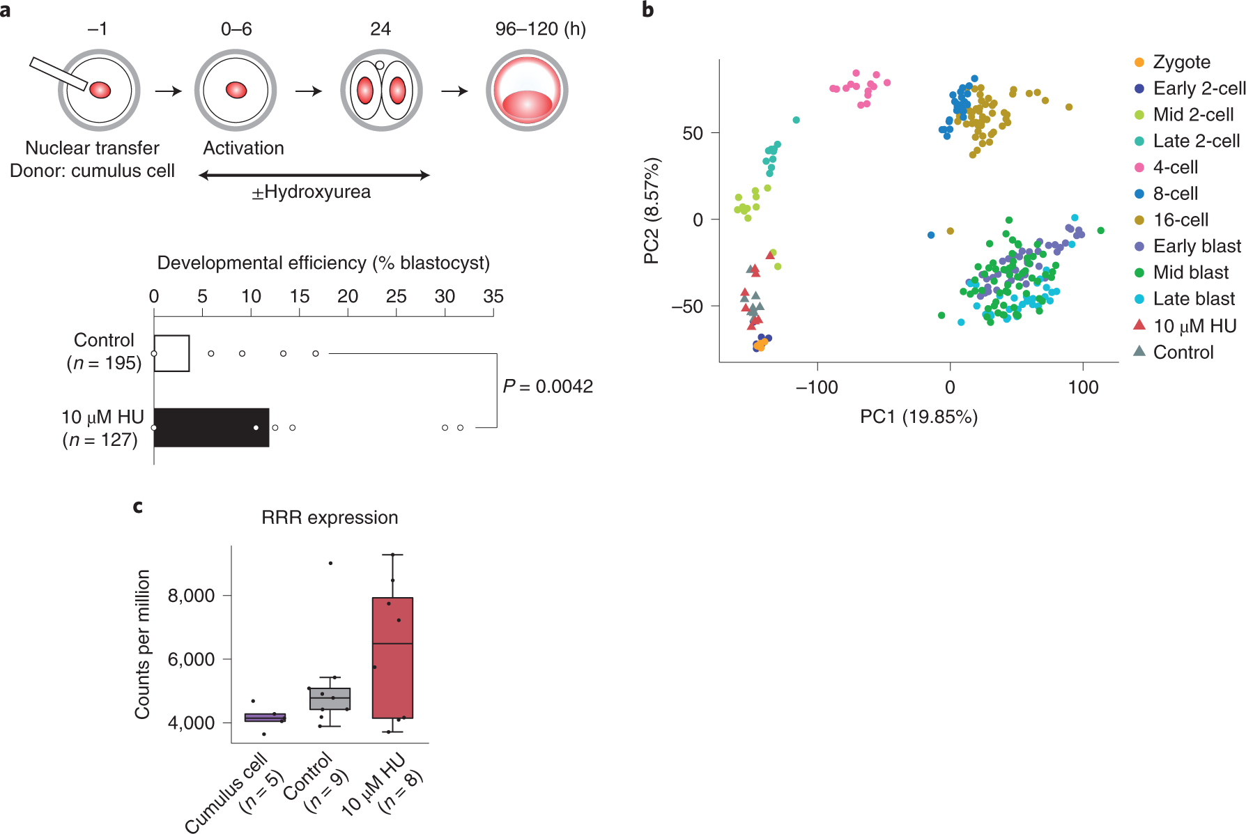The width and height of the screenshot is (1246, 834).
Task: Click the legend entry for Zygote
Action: click(x=1181, y=62)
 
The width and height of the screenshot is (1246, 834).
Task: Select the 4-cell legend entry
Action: click(x=1175, y=167)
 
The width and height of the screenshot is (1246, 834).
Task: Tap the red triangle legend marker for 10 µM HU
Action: click(x=1139, y=325)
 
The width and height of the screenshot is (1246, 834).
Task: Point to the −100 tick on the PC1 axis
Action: click(x=817, y=387)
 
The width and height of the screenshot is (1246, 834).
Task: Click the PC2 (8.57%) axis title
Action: click(x=651, y=211)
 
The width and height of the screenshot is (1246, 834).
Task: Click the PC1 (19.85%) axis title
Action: click(x=918, y=417)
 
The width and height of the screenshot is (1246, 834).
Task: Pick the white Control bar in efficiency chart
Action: click(x=171, y=353)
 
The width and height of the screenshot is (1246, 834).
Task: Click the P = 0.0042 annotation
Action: click(x=548, y=386)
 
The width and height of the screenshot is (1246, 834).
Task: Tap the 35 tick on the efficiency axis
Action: click(x=493, y=297)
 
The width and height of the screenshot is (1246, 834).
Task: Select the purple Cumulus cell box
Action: click(x=265, y=718)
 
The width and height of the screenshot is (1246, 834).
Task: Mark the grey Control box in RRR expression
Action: click(x=330, y=699)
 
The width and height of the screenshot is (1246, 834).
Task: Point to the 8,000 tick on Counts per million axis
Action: click(x=191, y=596)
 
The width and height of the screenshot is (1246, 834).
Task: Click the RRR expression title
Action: click(x=330, y=517)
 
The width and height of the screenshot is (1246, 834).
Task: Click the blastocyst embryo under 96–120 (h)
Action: click(x=527, y=91)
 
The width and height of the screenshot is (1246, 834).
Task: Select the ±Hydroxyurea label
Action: click(x=311, y=192)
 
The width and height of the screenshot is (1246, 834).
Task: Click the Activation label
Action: click(x=243, y=148)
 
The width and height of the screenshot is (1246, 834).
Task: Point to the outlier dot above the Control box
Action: click(x=330, y=563)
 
